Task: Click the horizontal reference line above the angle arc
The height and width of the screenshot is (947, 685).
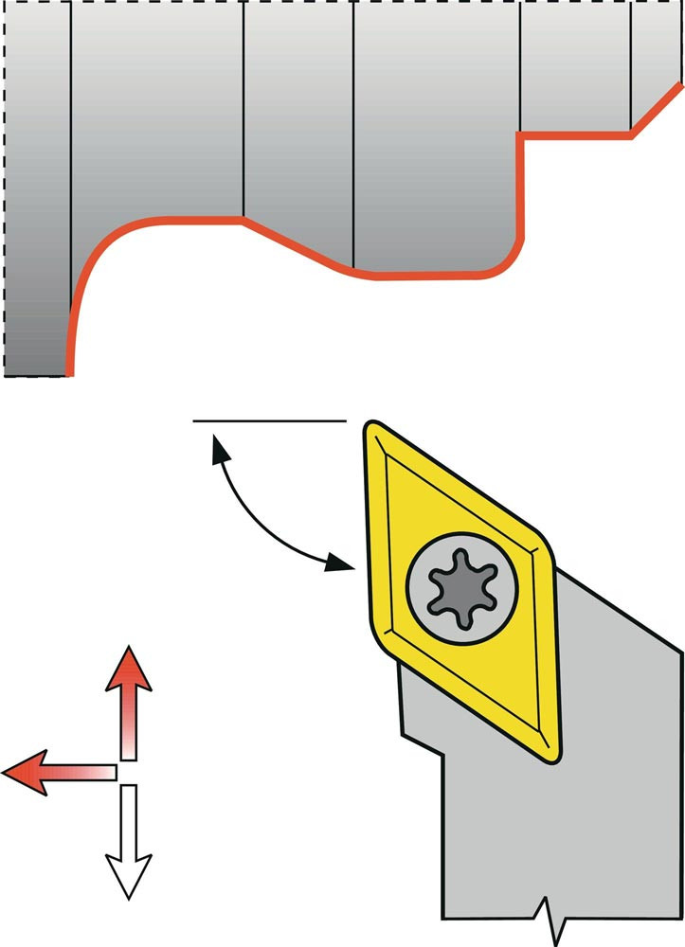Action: pos(268,420)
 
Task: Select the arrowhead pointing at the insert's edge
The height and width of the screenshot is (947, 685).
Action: pos(339,564)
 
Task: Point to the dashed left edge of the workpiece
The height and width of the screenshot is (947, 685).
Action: pos(6,189)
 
